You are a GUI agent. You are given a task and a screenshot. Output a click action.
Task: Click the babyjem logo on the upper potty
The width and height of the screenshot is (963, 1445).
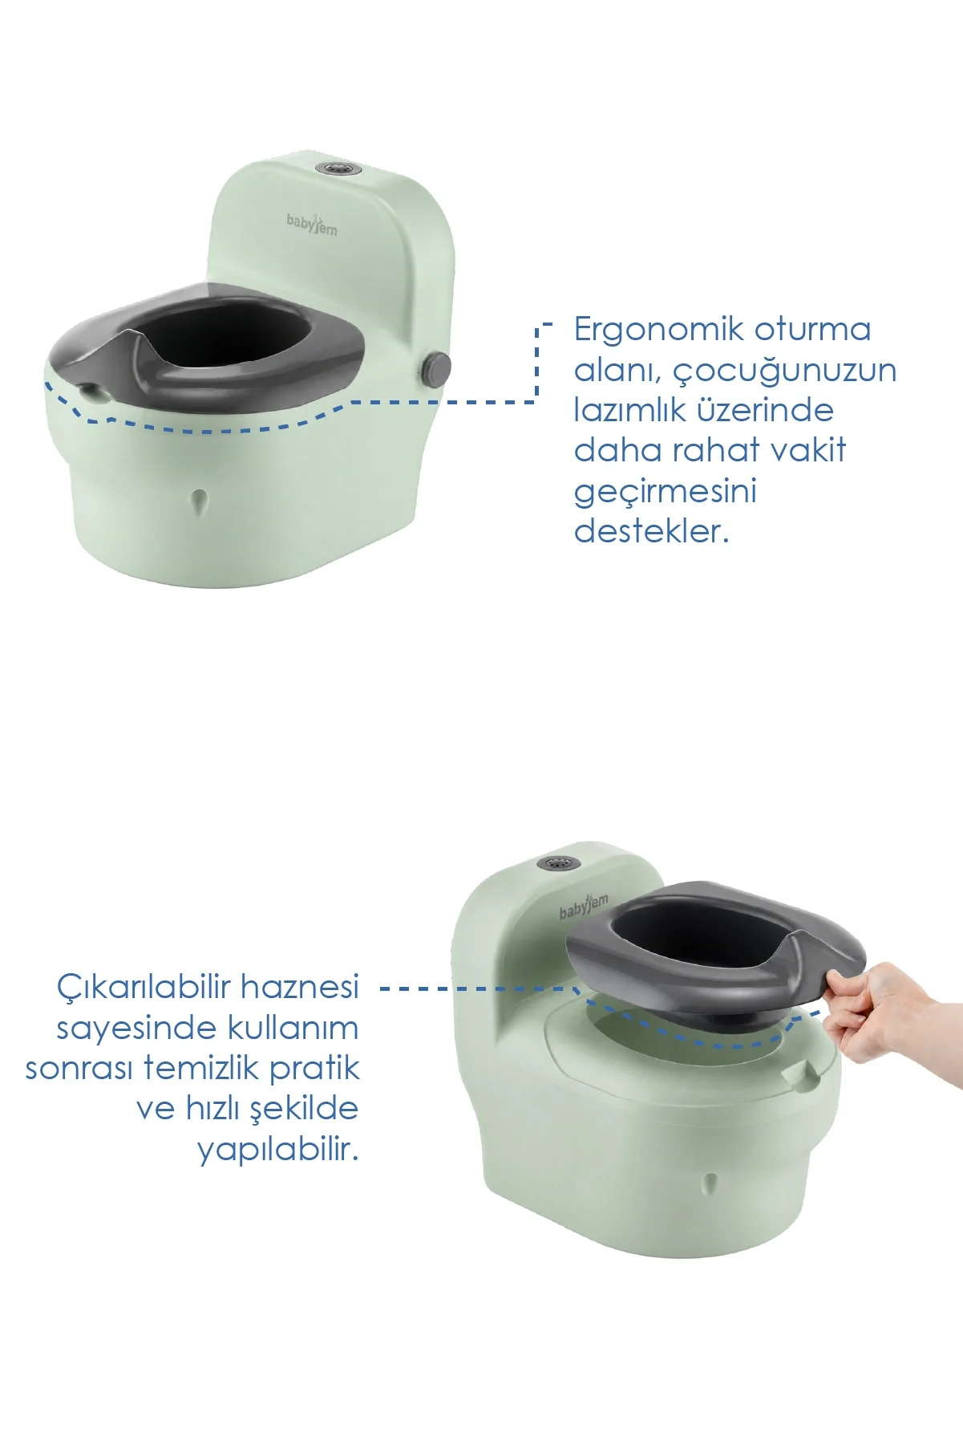pyautogui.click(x=312, y=224)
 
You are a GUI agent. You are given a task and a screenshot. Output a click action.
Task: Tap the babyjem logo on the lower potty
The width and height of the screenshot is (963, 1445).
pyautogui.click(x=584, y=906)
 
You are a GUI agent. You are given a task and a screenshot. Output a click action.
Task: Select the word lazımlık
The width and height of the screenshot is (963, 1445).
pyautogui.click(x=629, y=410)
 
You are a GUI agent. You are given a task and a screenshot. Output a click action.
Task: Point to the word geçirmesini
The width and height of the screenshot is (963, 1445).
pyautogui.click(x=666, y=492)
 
